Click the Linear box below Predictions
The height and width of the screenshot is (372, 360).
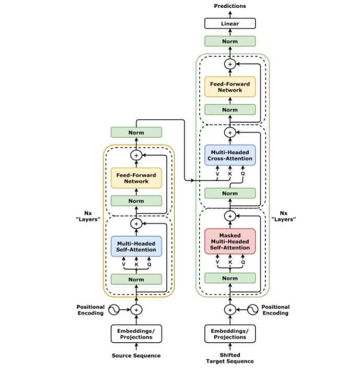click(230, 24)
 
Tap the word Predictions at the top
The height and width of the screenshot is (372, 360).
click(230, 6)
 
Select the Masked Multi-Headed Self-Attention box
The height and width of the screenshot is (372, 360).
click(230, 241)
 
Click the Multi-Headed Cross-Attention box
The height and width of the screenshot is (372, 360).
click(230, 155)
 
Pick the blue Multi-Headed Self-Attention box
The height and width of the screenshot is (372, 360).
click(136, 246)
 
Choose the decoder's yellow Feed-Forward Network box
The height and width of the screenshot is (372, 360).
click(230, 87)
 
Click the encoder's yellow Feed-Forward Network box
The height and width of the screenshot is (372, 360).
click(136, 178)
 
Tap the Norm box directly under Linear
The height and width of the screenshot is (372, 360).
click(230, 41)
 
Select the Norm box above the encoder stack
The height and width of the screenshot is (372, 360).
click(136, 133)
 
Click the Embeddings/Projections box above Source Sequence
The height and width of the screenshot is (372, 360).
click(136, 334)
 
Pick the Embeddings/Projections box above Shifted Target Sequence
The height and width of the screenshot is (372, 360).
click(230, 334)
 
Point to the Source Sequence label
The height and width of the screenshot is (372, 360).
click(136, 356)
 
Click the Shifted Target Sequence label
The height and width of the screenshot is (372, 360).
click(230, 358)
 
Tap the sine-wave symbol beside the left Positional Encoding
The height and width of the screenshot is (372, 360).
click(113, 310)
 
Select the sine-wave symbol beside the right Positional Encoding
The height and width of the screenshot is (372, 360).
click(253, 310)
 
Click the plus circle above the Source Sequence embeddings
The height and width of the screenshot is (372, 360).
click(136, 310)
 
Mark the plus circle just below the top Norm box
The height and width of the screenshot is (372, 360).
click(230, 64)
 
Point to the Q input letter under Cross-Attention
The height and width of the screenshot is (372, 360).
click(242, 174)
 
